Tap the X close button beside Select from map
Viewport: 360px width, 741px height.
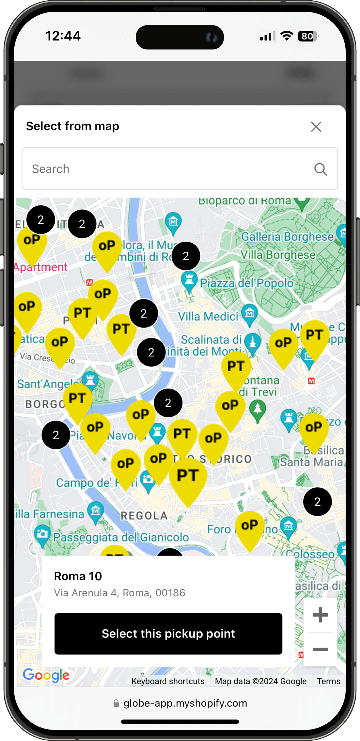click(316, 127)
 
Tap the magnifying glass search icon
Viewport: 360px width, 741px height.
click(321, 169)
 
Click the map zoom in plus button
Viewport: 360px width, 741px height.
click(320, 615)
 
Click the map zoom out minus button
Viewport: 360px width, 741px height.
click(320, 649)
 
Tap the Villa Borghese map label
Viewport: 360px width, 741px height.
click(278, 255)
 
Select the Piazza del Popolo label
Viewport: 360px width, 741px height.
click(247, 283)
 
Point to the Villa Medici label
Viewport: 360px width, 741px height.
click(208, 316)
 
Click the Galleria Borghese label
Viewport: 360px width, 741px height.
click(288, 237)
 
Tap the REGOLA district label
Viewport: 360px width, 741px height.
click(144, 516)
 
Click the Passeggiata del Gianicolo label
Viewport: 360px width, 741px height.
click(121, 537)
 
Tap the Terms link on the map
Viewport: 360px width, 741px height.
click(328, 681)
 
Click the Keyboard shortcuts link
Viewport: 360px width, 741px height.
click(168, 681)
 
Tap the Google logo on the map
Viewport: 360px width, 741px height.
click(46, 675)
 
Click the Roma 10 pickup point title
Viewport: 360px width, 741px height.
click(78, 576)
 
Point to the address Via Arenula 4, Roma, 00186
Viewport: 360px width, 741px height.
click(119, 593)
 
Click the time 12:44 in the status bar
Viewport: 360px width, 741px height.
click(63, 36)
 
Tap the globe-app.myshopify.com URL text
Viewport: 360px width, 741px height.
click(185, 703)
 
